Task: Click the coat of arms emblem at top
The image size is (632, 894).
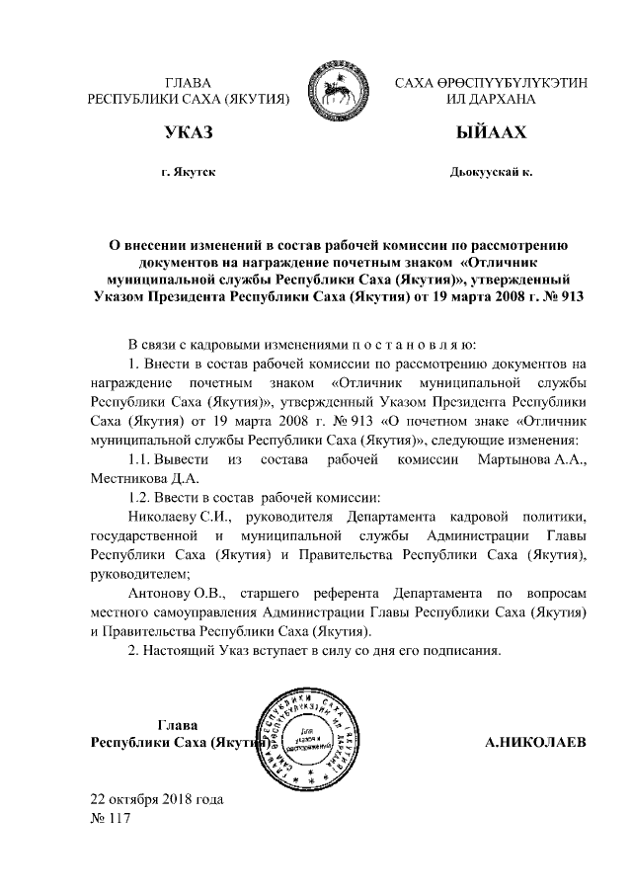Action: click(x=327, y=88)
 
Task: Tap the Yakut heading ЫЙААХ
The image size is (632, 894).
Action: click(x=491, y=133)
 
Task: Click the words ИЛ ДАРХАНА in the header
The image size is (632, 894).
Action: click(x=490, y=100)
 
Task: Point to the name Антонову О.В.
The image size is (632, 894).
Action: click(x=179, y=593)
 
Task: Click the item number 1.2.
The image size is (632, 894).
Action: click(x=144, y=498)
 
